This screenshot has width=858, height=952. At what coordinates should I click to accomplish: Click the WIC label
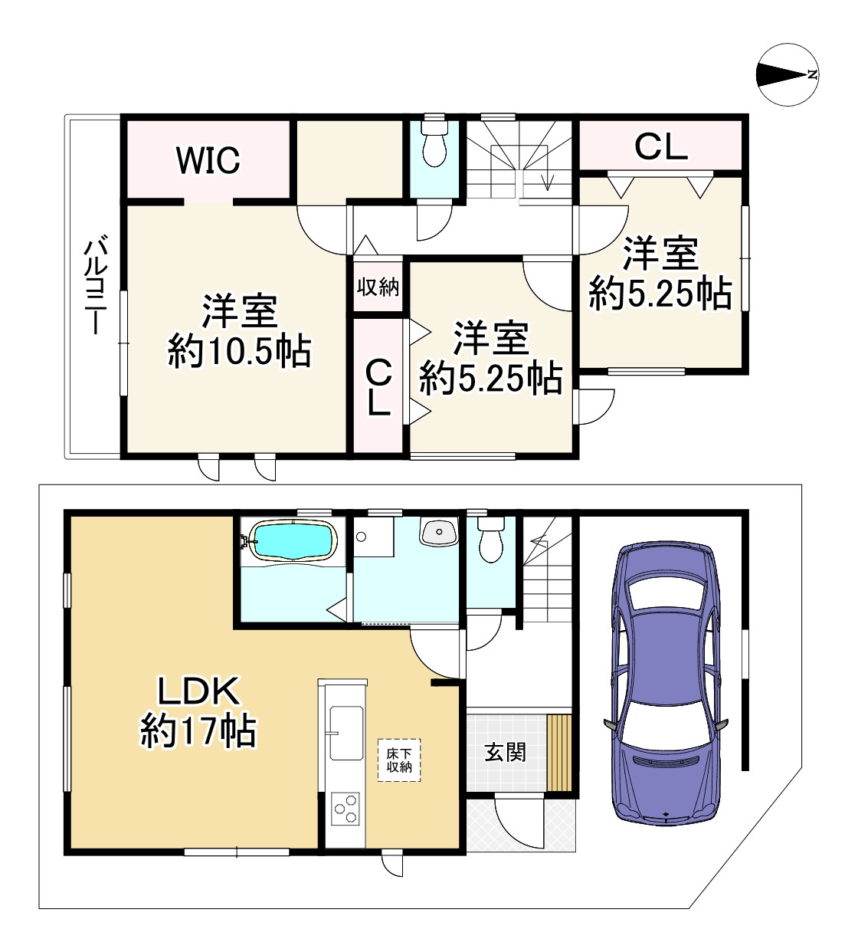click(x=208, y=159)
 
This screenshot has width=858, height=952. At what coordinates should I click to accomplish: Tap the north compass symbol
click(x=788, y=74)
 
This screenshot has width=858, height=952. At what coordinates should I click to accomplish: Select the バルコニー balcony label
click(x=95, y=284)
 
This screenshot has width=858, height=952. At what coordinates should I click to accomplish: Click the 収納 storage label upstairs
click(x=378, y=287)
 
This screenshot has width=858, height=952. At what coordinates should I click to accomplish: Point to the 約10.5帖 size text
click(x=240, y=352)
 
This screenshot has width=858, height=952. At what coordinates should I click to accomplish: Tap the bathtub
click(x=294, y=540)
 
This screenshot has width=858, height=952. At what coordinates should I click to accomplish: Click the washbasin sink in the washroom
click(x=439, y=531)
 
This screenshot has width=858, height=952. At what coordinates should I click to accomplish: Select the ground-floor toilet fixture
click(x=490, y=540)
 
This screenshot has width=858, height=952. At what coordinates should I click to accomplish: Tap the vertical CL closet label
click(x=378, y=388)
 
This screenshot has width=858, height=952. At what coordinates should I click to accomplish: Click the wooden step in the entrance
click(x=559, y=752)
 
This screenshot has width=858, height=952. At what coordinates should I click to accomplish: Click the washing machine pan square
click(x=374, y=537)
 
